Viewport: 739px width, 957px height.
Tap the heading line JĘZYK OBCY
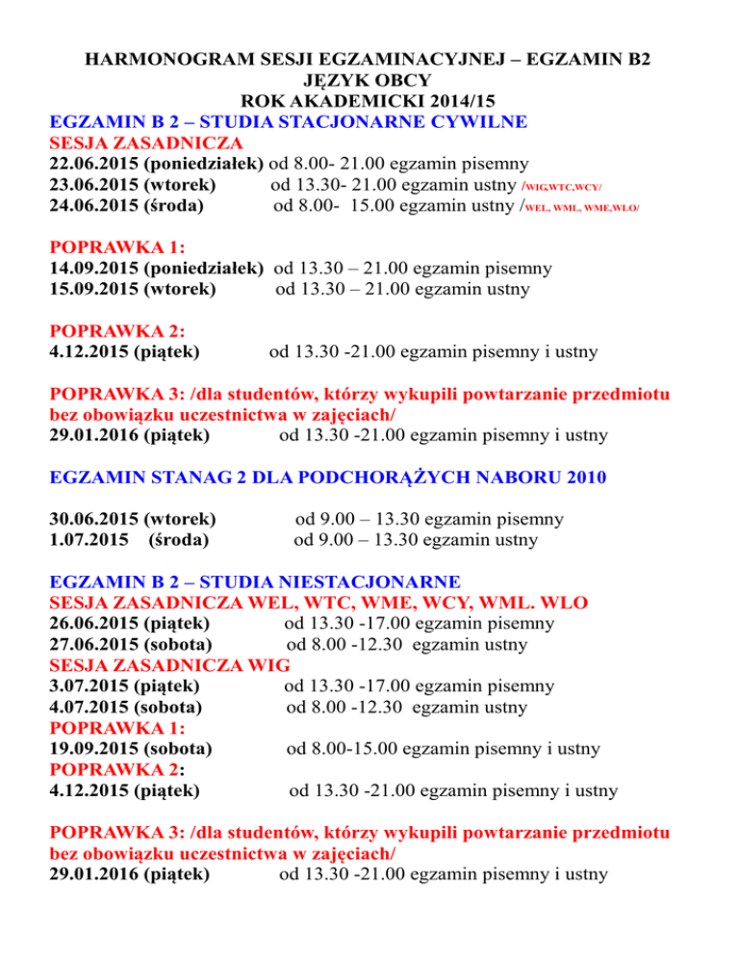369,81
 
